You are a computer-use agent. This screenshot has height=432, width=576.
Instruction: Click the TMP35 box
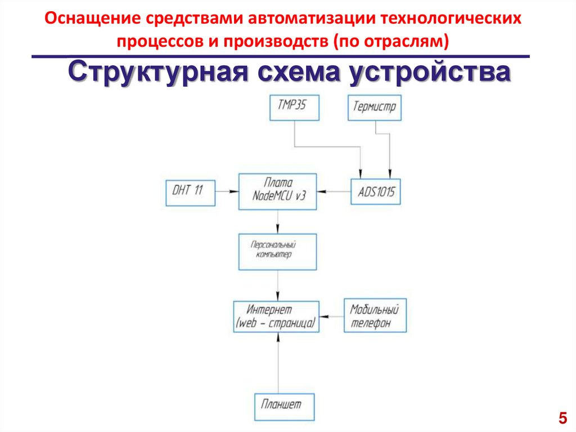tap(294, 108)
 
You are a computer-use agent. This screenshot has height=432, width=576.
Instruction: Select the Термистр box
tap(375, 108)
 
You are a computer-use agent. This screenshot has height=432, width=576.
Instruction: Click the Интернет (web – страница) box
tap(276, 317)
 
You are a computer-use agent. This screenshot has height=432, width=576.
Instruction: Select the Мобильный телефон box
tap(375, 316)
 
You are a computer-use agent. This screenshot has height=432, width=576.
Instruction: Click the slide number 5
tap(562, 418)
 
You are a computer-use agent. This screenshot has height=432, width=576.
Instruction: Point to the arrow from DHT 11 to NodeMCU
tap(227, 191)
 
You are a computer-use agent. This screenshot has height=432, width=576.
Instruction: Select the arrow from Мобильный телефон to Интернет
tap(331, 316)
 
